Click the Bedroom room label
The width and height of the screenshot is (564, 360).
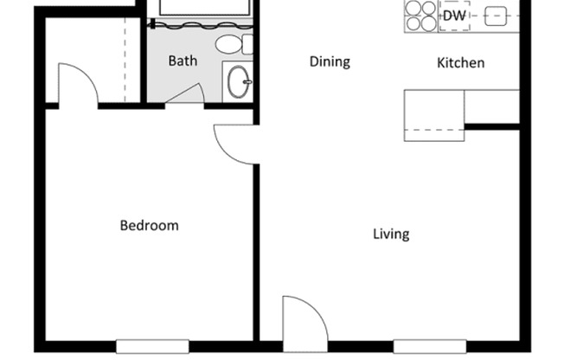click(149, 226)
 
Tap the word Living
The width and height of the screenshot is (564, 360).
click(391, 234)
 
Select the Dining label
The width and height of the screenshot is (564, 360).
click(330, 61)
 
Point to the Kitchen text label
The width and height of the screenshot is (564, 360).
click(460, 62)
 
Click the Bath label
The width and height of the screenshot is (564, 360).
click(183, 61)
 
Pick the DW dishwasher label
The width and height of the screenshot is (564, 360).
click(454, 16)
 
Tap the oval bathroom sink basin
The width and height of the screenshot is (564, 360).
click(237, 83)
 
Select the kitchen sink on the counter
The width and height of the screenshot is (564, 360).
click(496, 16)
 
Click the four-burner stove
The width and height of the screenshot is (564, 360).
click(421, 15)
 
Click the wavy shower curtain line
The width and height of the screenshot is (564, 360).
click(203, 27)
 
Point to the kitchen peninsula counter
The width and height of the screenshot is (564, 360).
click(434, 113)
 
